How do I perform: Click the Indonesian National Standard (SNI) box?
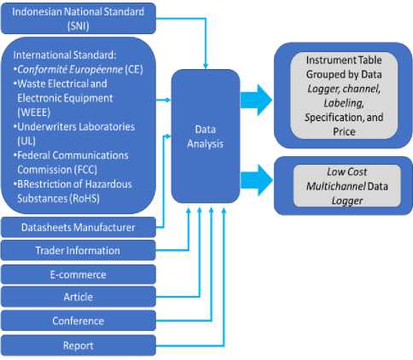tap(79, 18)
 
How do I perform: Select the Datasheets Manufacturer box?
tap(79, 227)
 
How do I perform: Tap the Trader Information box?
tap(79, 251)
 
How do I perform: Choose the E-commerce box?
tap(79, 275)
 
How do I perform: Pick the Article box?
tap(79, 297)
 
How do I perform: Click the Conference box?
tap(79, 321)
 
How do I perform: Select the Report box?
tap(79, 345)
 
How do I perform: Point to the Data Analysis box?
tap(206, 136)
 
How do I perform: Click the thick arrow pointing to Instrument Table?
tap(256, 100)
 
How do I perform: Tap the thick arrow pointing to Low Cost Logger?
tap(256, 180)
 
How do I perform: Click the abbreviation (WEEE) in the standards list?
tap(34, 113)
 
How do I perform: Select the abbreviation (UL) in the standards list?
tap(26, 141)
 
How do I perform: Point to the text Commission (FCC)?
tap(57, 170)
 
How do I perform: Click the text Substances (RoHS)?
tap(59, 199)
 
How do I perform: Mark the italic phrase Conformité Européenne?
tap(70, 69)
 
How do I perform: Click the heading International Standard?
tap(65, 55)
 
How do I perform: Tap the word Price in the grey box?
tap(344, 131)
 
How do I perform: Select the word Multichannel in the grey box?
tap(336, 186)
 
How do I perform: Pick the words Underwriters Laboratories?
tap(76, 126)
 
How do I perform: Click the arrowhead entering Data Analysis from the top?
tap(206, 67)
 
